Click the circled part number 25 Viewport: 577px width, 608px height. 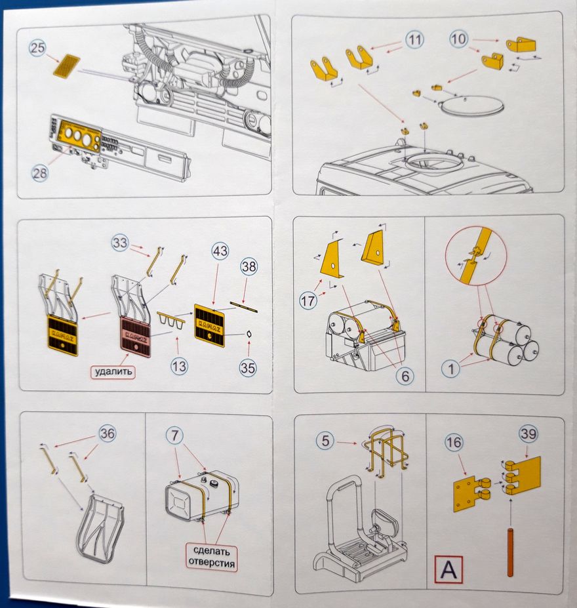pyautogui.click(x=38, y=48)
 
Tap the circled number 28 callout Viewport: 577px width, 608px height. pyautogui.click(x=39, y=173)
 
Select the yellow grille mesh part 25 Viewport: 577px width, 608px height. pyautogui.click(x=67, y=66)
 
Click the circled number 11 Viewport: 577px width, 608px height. pyautogui.click(x=414, y=39)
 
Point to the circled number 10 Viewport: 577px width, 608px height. pyautogui.click(x=458, y=39)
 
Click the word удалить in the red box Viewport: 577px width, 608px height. pyautogui.click(x=113, y=372)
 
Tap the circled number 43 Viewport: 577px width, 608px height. pyautogui.click(x=220, y=251)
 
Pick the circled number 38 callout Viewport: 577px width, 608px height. pyautogui.click(x=249, y=266)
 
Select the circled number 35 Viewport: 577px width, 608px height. pyautogui.click(x=248, y=367)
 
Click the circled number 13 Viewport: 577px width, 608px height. pyautogui.click(x=179, y=366)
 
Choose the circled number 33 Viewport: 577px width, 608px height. pyautogui.click(x=120, y=243)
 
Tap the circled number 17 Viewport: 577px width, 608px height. pyautogui.click(x=308, y=300)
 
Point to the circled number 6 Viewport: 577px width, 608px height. pyautogui.click(x=405, y=376)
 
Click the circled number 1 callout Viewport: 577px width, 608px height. pyautogui.click(x=450, y=369)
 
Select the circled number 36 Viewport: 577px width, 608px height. pyautogui.click(x=107, y=433)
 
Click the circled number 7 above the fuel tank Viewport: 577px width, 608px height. pyautogui.click(x=175, y=436)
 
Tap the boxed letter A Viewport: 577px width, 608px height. pyautogui.click(x=448, y=569)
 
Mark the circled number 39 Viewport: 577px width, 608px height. pyautogui.click(x=528, y=434)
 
